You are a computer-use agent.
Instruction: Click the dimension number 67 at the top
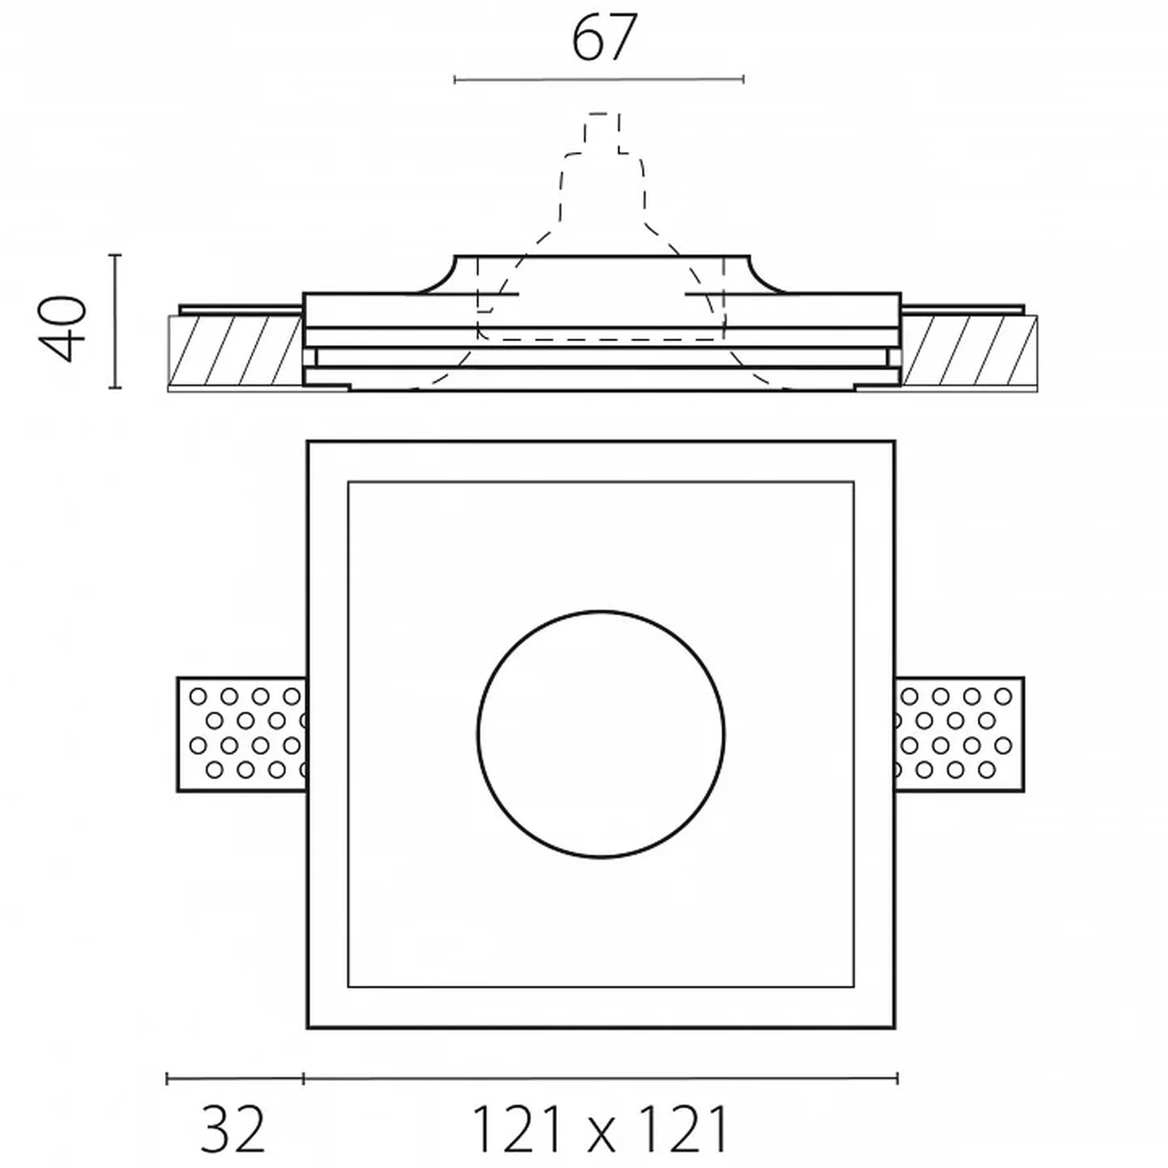click(604, 39)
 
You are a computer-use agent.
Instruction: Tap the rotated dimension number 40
click(63, 328)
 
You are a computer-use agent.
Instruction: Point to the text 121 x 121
click(600, 1129)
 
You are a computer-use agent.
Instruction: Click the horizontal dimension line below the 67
click(599, 80)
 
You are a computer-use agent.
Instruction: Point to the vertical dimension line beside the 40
click(115, 321)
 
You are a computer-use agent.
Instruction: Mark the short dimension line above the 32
click(235, 1078)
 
